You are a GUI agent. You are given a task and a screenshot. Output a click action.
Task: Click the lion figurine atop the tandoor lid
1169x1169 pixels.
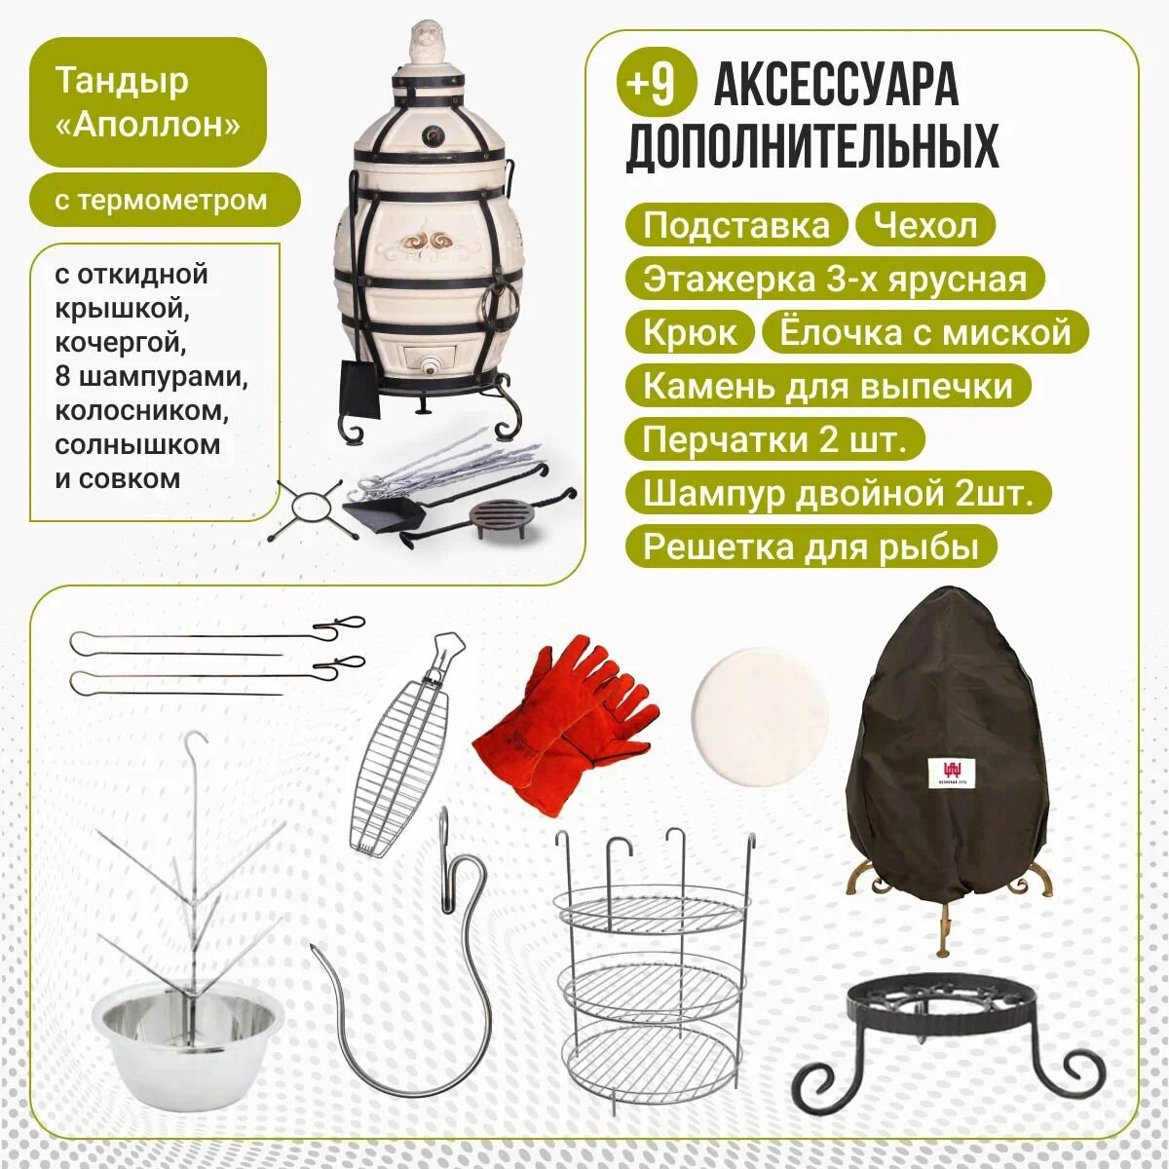[428, 43]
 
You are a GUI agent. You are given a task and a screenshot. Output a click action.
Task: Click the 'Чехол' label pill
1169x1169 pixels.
[925, 225]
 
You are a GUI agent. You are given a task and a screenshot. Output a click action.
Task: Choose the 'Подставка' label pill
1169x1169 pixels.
[735, 225]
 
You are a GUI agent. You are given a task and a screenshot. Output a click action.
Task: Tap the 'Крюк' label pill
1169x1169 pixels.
[690, 332]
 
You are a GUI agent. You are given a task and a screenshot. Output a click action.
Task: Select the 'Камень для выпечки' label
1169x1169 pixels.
[828, 385]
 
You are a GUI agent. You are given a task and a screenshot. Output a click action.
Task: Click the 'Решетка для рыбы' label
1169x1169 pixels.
[811, 546]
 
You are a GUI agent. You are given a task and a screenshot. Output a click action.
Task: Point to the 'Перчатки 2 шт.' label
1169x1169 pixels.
[774, 438]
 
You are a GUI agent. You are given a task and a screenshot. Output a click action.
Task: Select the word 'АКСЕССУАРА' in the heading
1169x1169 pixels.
[836, 87]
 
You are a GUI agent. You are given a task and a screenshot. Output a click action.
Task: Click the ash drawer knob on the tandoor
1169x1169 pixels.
[431, 367]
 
